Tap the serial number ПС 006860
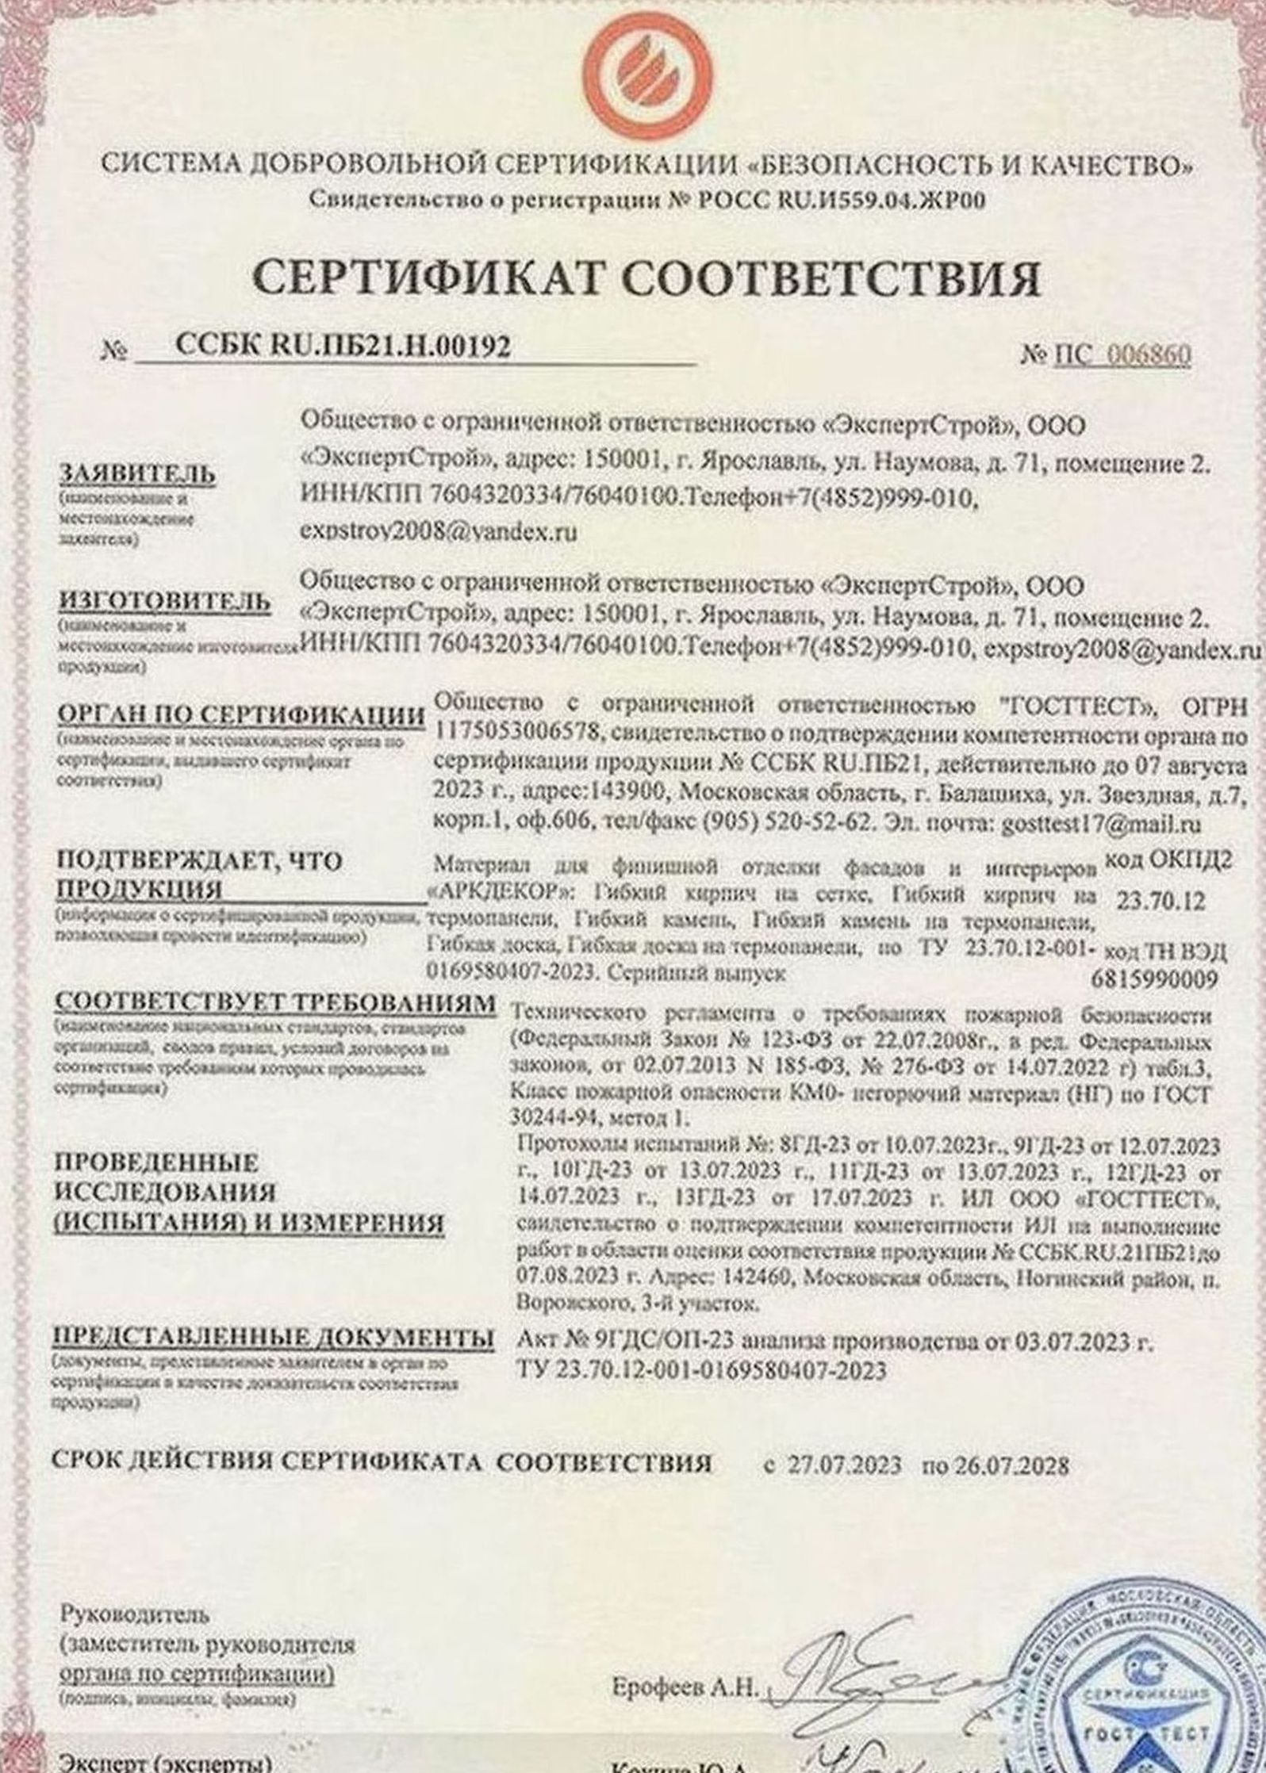point(1122,356)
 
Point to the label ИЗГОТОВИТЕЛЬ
point(165,603)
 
